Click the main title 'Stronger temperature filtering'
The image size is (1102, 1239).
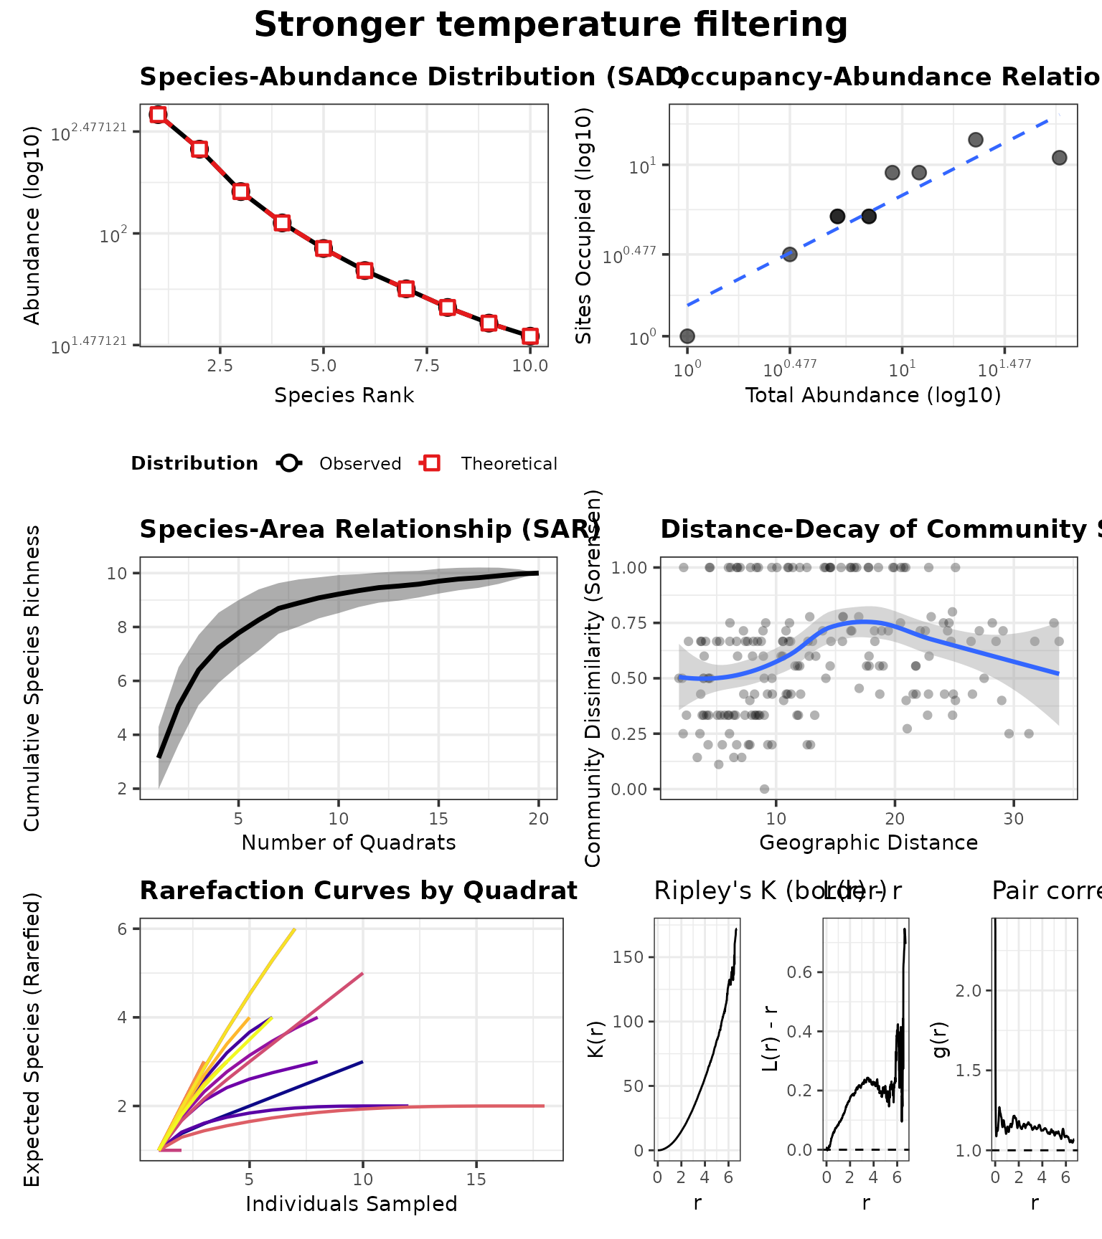(x=550, y=25)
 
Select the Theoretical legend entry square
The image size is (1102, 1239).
(x=431, y=464)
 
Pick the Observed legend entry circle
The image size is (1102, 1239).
(x=289, y=464)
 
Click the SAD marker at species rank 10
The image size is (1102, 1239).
(x=530, y=336)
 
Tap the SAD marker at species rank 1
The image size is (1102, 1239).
(x=159, y=114)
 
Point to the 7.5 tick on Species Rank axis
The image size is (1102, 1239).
(x=428, y=366)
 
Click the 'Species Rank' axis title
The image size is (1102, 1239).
(x=344, y=395)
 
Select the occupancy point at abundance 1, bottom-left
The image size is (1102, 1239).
(x=687, y=336)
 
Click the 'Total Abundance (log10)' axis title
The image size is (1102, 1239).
(x=872, y=395)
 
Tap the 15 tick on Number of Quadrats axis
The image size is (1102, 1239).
(x=439, y=818)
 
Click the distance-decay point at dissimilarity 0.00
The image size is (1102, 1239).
(x=764, y=789)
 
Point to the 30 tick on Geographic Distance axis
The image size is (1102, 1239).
(x=1013, y=818)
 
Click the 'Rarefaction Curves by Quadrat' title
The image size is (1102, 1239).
(x=358, y=891)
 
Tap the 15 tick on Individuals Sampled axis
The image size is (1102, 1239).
(x=476, y=1179)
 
